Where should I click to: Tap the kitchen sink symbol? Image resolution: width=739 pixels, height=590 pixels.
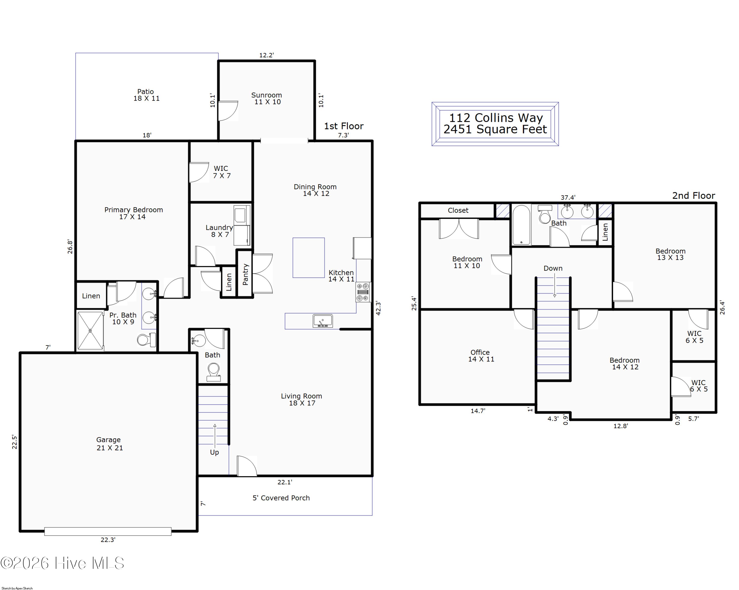(x=322, y=321)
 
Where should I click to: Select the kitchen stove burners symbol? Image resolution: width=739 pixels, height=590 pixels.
(x=363, y=292)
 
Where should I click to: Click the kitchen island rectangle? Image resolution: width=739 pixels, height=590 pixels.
(x=308, y=258)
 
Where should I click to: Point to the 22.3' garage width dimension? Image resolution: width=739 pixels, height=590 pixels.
(x=108, y=539)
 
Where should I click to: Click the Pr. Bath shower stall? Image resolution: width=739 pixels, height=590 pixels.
(x=90, y=331)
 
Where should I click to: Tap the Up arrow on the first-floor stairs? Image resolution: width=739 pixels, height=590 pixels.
(x=215, y=436)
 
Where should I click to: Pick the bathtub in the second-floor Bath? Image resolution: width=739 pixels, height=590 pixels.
(x=521, y=224)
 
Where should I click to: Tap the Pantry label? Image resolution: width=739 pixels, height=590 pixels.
(x=245, y=274)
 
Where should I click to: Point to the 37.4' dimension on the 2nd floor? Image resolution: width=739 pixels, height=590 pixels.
(x=568, y=197)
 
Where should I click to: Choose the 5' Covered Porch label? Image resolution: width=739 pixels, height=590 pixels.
(x=281, y=498)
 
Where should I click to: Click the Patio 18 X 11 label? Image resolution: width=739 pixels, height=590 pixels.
(x=146, y=95)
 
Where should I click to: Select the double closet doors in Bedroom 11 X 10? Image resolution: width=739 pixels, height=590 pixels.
(x=459, y=229)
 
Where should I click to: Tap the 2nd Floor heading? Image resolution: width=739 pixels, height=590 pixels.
(x=693, y=196)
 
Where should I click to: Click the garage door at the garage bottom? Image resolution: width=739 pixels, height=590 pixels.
(x=108, y=531)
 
